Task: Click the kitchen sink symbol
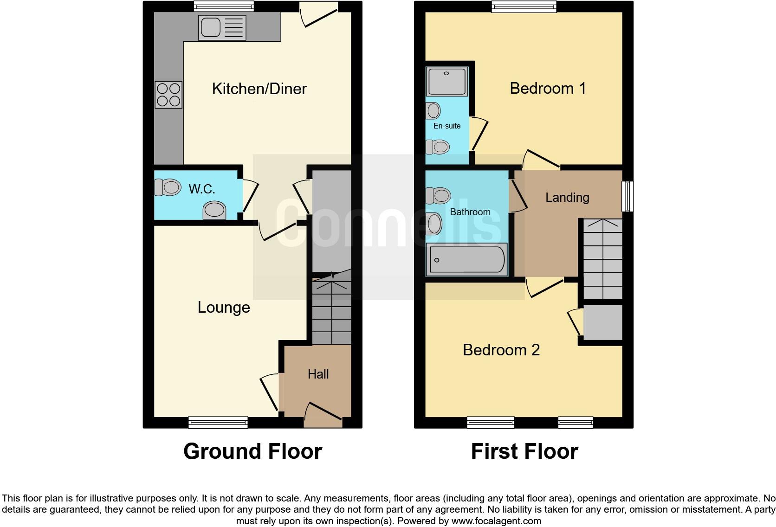point(222,27)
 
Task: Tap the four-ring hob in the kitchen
point(168,95)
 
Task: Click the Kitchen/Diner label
point(259,89)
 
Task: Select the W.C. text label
point(202,189)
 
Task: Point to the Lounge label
point(224,307)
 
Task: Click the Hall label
point(318,374)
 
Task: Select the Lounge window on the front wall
point(218,422)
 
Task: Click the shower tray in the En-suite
point(446,82)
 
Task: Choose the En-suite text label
point(446,126)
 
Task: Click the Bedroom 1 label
point(548,88)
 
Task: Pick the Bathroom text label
point(470,212)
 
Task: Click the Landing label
point(567,198)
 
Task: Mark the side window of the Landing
point(627,196)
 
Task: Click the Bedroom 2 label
point(501,350)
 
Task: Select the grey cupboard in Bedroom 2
point(602,322)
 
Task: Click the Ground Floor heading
point(252,451)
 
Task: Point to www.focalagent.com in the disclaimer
point(496,521)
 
